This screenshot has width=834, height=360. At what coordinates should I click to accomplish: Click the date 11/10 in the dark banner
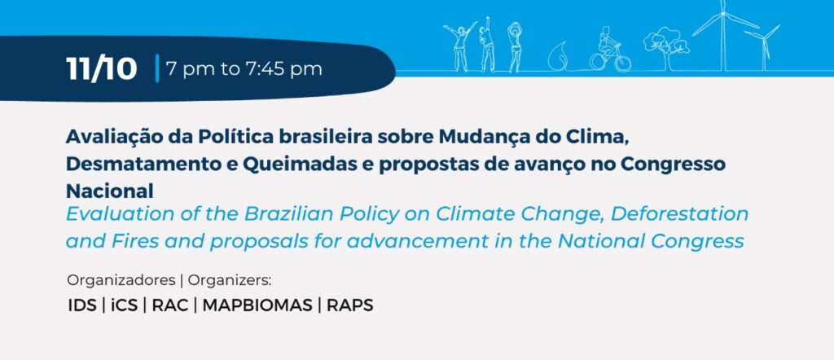[102, 69]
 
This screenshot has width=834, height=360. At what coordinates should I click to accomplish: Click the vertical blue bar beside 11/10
[157, 68]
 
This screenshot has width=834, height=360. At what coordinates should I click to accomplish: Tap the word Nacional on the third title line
[110, 191]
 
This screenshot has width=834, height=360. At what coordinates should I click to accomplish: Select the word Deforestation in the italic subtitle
[679, 213]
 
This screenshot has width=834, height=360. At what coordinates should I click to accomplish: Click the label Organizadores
[121, 279]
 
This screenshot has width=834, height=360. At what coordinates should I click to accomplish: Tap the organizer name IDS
[82, 305]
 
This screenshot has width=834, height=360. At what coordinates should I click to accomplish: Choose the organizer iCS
[124, 305]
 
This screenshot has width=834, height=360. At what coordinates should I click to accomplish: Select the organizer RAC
[169, 305]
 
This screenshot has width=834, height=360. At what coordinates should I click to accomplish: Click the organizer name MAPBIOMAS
[257, 305]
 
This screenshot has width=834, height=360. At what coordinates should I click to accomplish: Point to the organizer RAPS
[349, 305]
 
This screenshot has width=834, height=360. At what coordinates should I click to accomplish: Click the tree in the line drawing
[666, 48]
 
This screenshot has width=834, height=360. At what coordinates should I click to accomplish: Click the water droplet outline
[559, 55]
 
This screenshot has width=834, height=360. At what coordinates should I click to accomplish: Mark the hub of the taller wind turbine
[723, 14]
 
